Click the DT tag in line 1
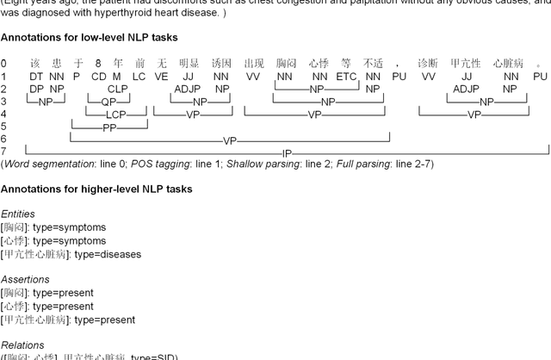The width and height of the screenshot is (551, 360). point(36,77)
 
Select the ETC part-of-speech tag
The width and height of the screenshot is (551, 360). point(346,77)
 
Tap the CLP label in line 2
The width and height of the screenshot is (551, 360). point(118,89)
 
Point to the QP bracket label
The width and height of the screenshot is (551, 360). point(108,102)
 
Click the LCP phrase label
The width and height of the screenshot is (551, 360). point(115,115)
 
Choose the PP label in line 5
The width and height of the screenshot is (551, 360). point(108,127)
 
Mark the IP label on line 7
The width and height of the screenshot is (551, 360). point(288,153)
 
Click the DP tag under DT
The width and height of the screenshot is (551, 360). point(36,89)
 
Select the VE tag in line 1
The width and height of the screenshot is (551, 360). point(161,77)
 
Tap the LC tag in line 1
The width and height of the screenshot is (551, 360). point(139,77)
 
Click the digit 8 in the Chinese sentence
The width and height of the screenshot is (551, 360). point(98,64)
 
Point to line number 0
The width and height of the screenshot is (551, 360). point(3,64)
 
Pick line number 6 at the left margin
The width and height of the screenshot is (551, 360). point(3,140)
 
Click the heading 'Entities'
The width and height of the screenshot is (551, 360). point(18,214)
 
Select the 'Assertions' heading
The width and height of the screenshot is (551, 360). point(25,280)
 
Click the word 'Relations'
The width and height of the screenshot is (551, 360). point(22,345)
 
